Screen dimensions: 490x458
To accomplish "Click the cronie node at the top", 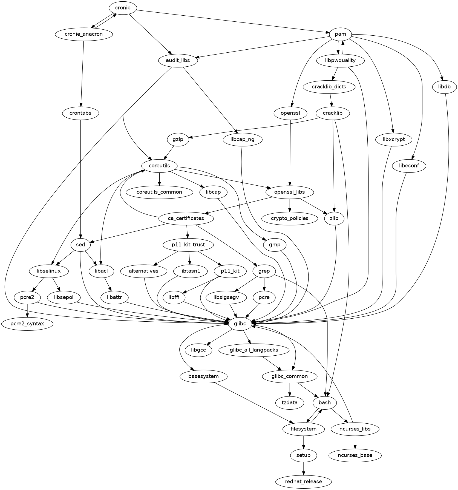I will pos(123,8).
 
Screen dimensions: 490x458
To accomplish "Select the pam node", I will pos(340,34).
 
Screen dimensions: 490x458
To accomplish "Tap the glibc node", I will pos(240,324).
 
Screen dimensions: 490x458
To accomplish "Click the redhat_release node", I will pos(303,481).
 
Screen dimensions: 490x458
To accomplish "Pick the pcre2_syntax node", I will pos(27,324).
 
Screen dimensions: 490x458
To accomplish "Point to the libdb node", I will pos(445,87).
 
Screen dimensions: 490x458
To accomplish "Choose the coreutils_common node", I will pos(159,192).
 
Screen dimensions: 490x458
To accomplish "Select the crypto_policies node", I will pos(290,218).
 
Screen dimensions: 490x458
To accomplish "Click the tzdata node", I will pos(290,403).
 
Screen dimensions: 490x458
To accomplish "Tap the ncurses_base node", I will pos(355,455).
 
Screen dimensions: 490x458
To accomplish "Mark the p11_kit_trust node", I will pos(188,245).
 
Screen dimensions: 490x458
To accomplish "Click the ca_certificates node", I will pos(186,218).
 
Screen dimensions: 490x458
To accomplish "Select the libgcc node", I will pos(199,350).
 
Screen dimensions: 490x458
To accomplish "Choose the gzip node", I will pos(178,140).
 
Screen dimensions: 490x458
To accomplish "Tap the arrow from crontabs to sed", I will pos(80,178).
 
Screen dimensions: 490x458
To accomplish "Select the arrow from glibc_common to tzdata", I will pos(290,389).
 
